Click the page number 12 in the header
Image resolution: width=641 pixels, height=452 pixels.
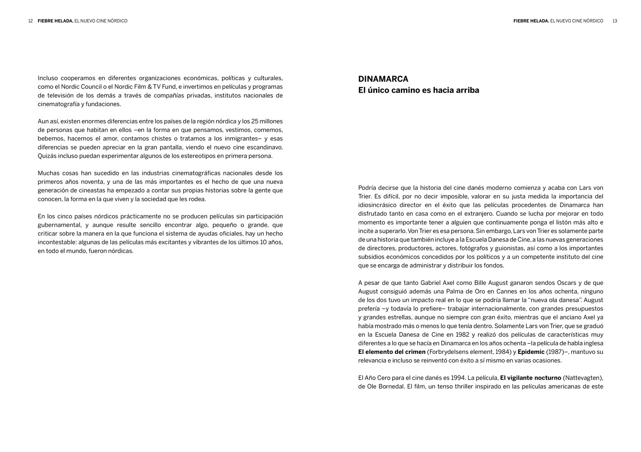[30, 21]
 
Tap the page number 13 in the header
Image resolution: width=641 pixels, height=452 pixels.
[615, 21]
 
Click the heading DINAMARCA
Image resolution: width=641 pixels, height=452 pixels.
[383, 79]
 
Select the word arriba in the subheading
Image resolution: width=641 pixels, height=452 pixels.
[467, 90]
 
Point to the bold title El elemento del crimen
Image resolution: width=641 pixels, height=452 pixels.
[392, 352]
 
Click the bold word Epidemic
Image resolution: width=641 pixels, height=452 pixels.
[531, 352]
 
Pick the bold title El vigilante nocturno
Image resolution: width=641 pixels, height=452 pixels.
[531, 378]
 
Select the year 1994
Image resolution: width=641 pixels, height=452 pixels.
[457, 378]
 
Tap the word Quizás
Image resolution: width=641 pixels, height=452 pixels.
[47, 156]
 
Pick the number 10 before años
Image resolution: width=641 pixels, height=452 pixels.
[264, 242]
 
